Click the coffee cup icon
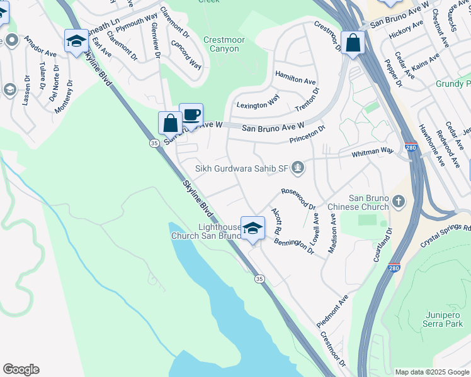click(191, 115)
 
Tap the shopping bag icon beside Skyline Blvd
click(170, 123)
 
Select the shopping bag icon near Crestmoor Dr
click(353, 43)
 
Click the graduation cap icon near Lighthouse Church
click(253, 229)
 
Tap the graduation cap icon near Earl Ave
click(76, 41)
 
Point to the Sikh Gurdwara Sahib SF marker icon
click(298, 167)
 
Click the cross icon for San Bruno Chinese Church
click(397, 202)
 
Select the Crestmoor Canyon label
click(225, 44)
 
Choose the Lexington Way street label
click(257, 101)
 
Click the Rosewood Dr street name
click(298, 198)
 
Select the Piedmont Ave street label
click(332, 310)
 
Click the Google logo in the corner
click(21, 369)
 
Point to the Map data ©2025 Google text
click(431, 372)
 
